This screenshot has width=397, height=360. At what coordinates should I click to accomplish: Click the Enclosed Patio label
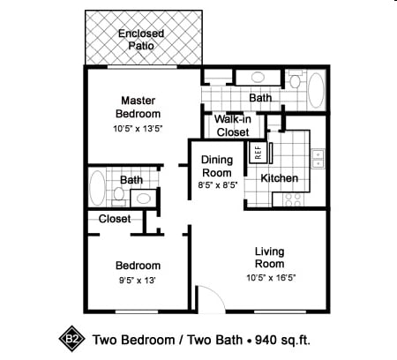point(141,40)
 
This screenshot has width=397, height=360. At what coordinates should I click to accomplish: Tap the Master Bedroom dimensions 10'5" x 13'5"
point(138,129)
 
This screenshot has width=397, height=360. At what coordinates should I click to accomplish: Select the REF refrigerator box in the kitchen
point(258,153)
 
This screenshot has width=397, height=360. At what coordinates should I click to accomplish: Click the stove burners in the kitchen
point(293,199)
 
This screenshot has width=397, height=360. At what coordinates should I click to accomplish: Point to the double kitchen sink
point(318,159)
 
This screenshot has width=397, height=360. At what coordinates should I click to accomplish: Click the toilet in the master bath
point(294,79)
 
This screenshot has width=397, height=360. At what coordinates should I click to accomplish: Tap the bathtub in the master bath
point(316,90)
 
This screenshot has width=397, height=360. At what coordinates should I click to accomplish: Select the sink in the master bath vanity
point(258,78)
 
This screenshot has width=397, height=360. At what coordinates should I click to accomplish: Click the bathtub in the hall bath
point(97,188)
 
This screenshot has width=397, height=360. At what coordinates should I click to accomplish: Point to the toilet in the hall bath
point(119,196)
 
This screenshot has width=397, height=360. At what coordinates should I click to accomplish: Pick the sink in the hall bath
point(144,199)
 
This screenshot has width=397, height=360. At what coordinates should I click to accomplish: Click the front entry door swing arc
point(217,295)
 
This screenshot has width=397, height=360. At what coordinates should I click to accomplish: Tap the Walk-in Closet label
point(233,126)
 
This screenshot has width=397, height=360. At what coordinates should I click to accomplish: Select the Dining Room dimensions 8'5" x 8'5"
point(218,185)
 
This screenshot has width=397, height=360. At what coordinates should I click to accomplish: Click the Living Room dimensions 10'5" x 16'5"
point(271,278)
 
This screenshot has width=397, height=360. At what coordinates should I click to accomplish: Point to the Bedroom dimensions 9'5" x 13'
point(137,281)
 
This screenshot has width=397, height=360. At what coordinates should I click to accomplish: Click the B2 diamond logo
point(71,339)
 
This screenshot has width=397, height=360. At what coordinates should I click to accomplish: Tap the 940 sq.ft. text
point(282,340)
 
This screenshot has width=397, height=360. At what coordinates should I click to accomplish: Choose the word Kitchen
point(280,178)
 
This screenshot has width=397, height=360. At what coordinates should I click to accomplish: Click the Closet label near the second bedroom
point(115,219)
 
